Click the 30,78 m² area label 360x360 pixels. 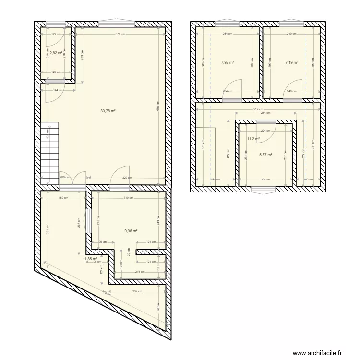(108, 110)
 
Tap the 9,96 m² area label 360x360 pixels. (131, 231)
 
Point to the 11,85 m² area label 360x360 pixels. (90, 259)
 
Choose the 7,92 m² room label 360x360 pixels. (227, 62)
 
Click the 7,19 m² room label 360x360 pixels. (291, 62)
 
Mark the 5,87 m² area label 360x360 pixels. (266, 155)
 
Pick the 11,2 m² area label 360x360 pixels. (253, 139)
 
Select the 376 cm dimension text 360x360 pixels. (120, 34)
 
